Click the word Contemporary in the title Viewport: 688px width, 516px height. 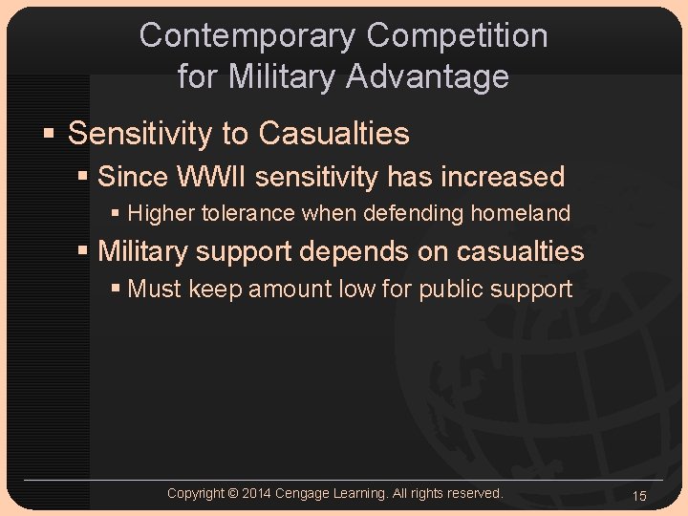[x=247, y=35]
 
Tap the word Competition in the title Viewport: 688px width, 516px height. [x=458, y=35]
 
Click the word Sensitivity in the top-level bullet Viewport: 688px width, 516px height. [x=140, y=134]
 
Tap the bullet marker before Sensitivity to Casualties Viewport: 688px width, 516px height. [x=52, y=134]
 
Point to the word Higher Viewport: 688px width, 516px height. [x=161, y=213]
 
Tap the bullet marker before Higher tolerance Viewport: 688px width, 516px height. [x=116, y=213]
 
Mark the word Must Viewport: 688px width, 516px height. [x=155, y=289]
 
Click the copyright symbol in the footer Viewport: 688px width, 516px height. [x=233, y=493]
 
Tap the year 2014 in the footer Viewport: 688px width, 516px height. [x=256, y=493]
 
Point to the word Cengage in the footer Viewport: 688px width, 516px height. [x=304, y=493]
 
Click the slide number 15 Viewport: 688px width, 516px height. [x=639, y=495]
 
